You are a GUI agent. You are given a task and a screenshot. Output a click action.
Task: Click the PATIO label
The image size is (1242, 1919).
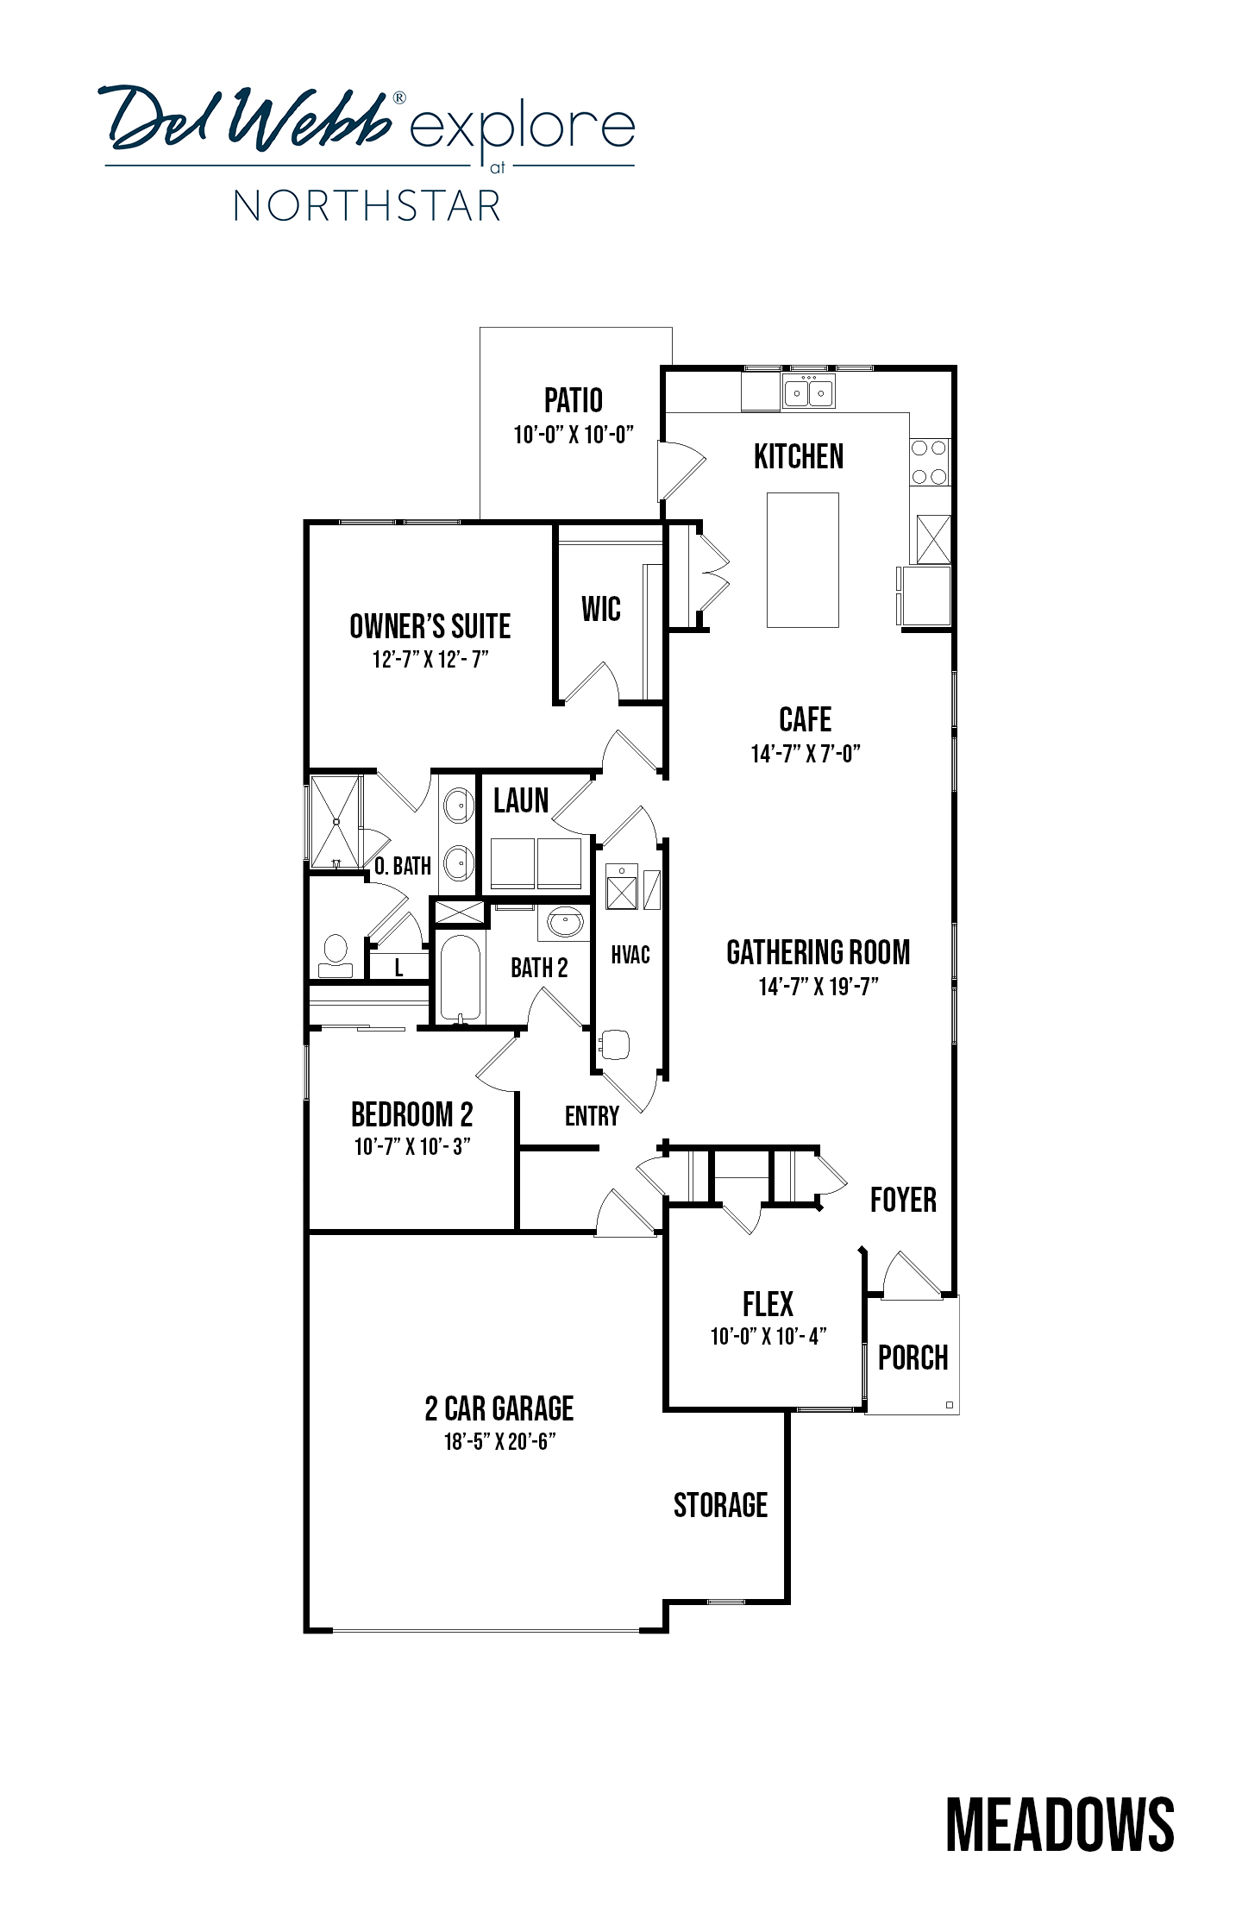click(574, 400)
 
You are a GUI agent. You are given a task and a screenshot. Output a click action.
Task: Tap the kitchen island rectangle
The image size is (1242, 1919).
click(803, 560)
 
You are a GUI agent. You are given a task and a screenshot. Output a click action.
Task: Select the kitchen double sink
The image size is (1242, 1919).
click(808, 392)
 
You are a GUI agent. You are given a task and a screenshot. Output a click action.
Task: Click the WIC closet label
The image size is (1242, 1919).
click(601, 609)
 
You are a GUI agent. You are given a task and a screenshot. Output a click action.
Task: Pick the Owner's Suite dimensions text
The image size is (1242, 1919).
click(430, 660)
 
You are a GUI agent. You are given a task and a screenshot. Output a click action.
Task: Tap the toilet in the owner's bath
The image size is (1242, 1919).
click(335, 955)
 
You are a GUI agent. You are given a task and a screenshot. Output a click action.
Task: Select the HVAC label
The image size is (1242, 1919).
click(630, 955)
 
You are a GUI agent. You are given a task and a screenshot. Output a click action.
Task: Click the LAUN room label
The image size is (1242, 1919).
click(521, 800)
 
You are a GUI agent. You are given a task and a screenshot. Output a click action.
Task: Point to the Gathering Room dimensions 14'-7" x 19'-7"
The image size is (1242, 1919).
click(819, 986)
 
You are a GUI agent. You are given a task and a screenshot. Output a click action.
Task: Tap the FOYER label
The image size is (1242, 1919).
click(903, 1200)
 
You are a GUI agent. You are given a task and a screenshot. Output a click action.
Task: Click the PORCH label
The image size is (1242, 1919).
click(913, 1358)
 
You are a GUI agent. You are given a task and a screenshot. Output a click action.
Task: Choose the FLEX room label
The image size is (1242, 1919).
click(768, 1304)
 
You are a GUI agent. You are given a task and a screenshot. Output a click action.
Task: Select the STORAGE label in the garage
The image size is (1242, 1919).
click(720, 1505)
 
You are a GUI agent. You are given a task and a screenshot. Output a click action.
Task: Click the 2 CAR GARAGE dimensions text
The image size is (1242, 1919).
click(499, 1441)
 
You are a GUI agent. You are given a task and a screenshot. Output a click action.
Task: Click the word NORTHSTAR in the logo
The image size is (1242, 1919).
click(367, 207)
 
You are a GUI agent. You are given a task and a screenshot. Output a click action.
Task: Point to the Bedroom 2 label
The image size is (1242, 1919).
click(412, 1115)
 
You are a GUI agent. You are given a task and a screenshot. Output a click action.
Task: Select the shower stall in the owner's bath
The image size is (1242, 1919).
click(335, 822)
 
